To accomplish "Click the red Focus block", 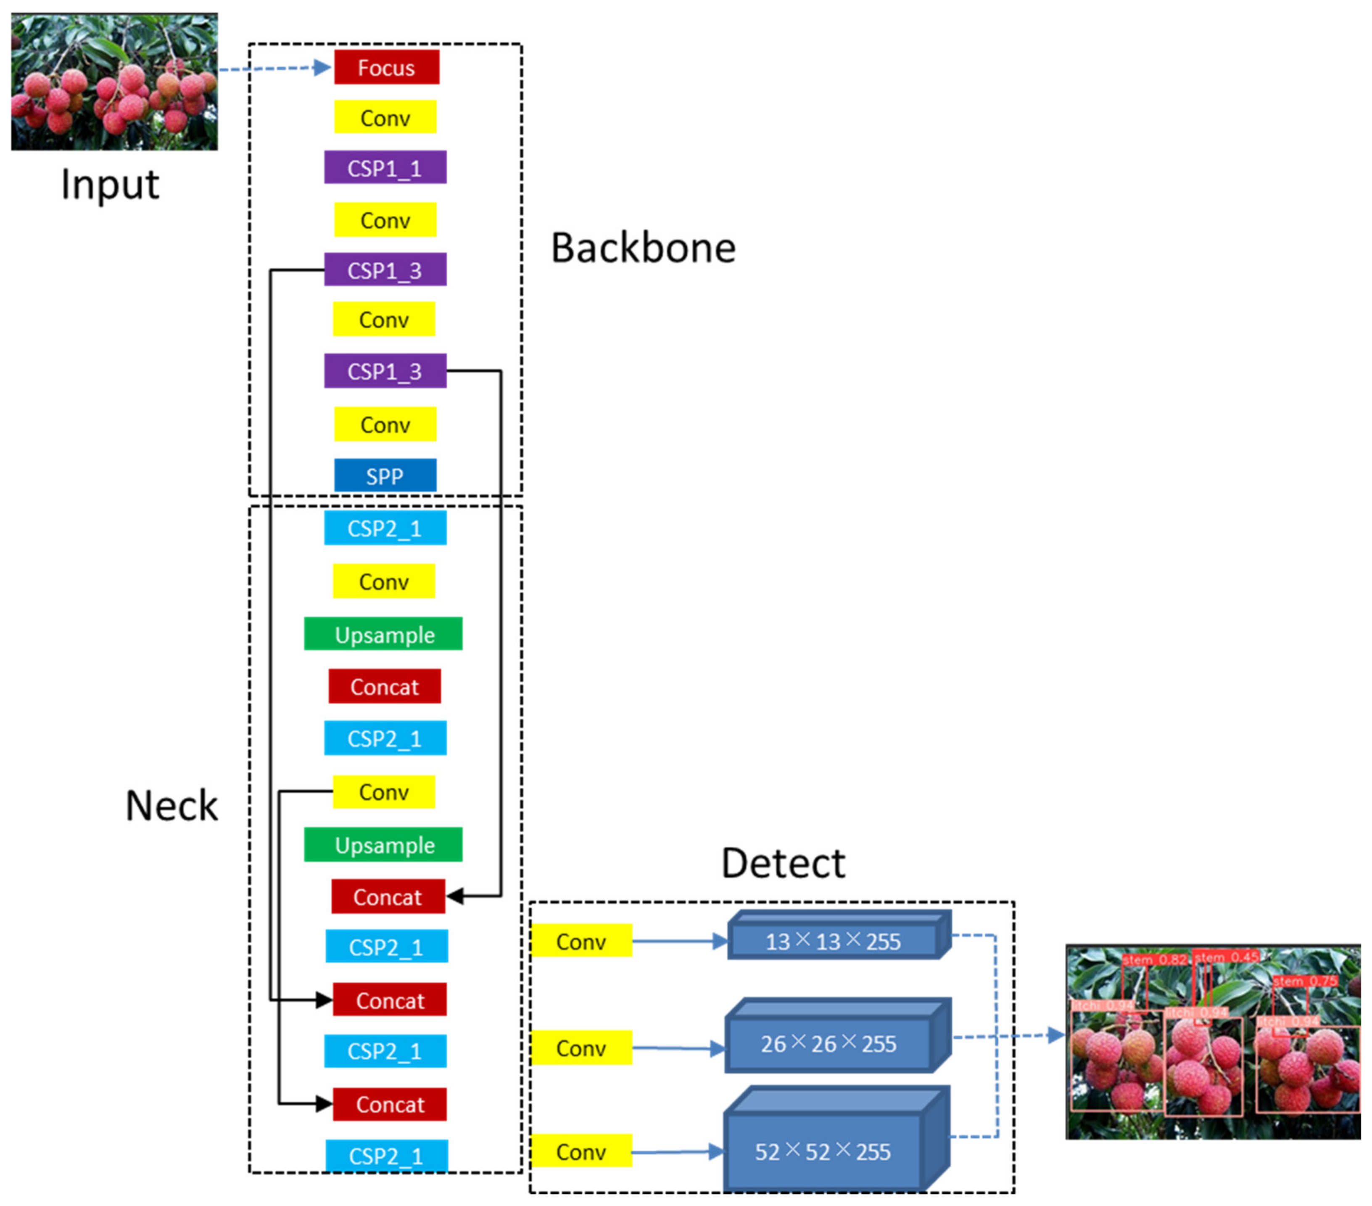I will click(387, 67).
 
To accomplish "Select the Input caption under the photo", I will click(110, 184).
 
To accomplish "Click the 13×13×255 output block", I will click(832, 941).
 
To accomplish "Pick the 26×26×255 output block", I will click(828, 1043).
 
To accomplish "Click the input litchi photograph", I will click(114, 81).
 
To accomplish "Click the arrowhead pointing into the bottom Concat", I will click(325, 1103).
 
